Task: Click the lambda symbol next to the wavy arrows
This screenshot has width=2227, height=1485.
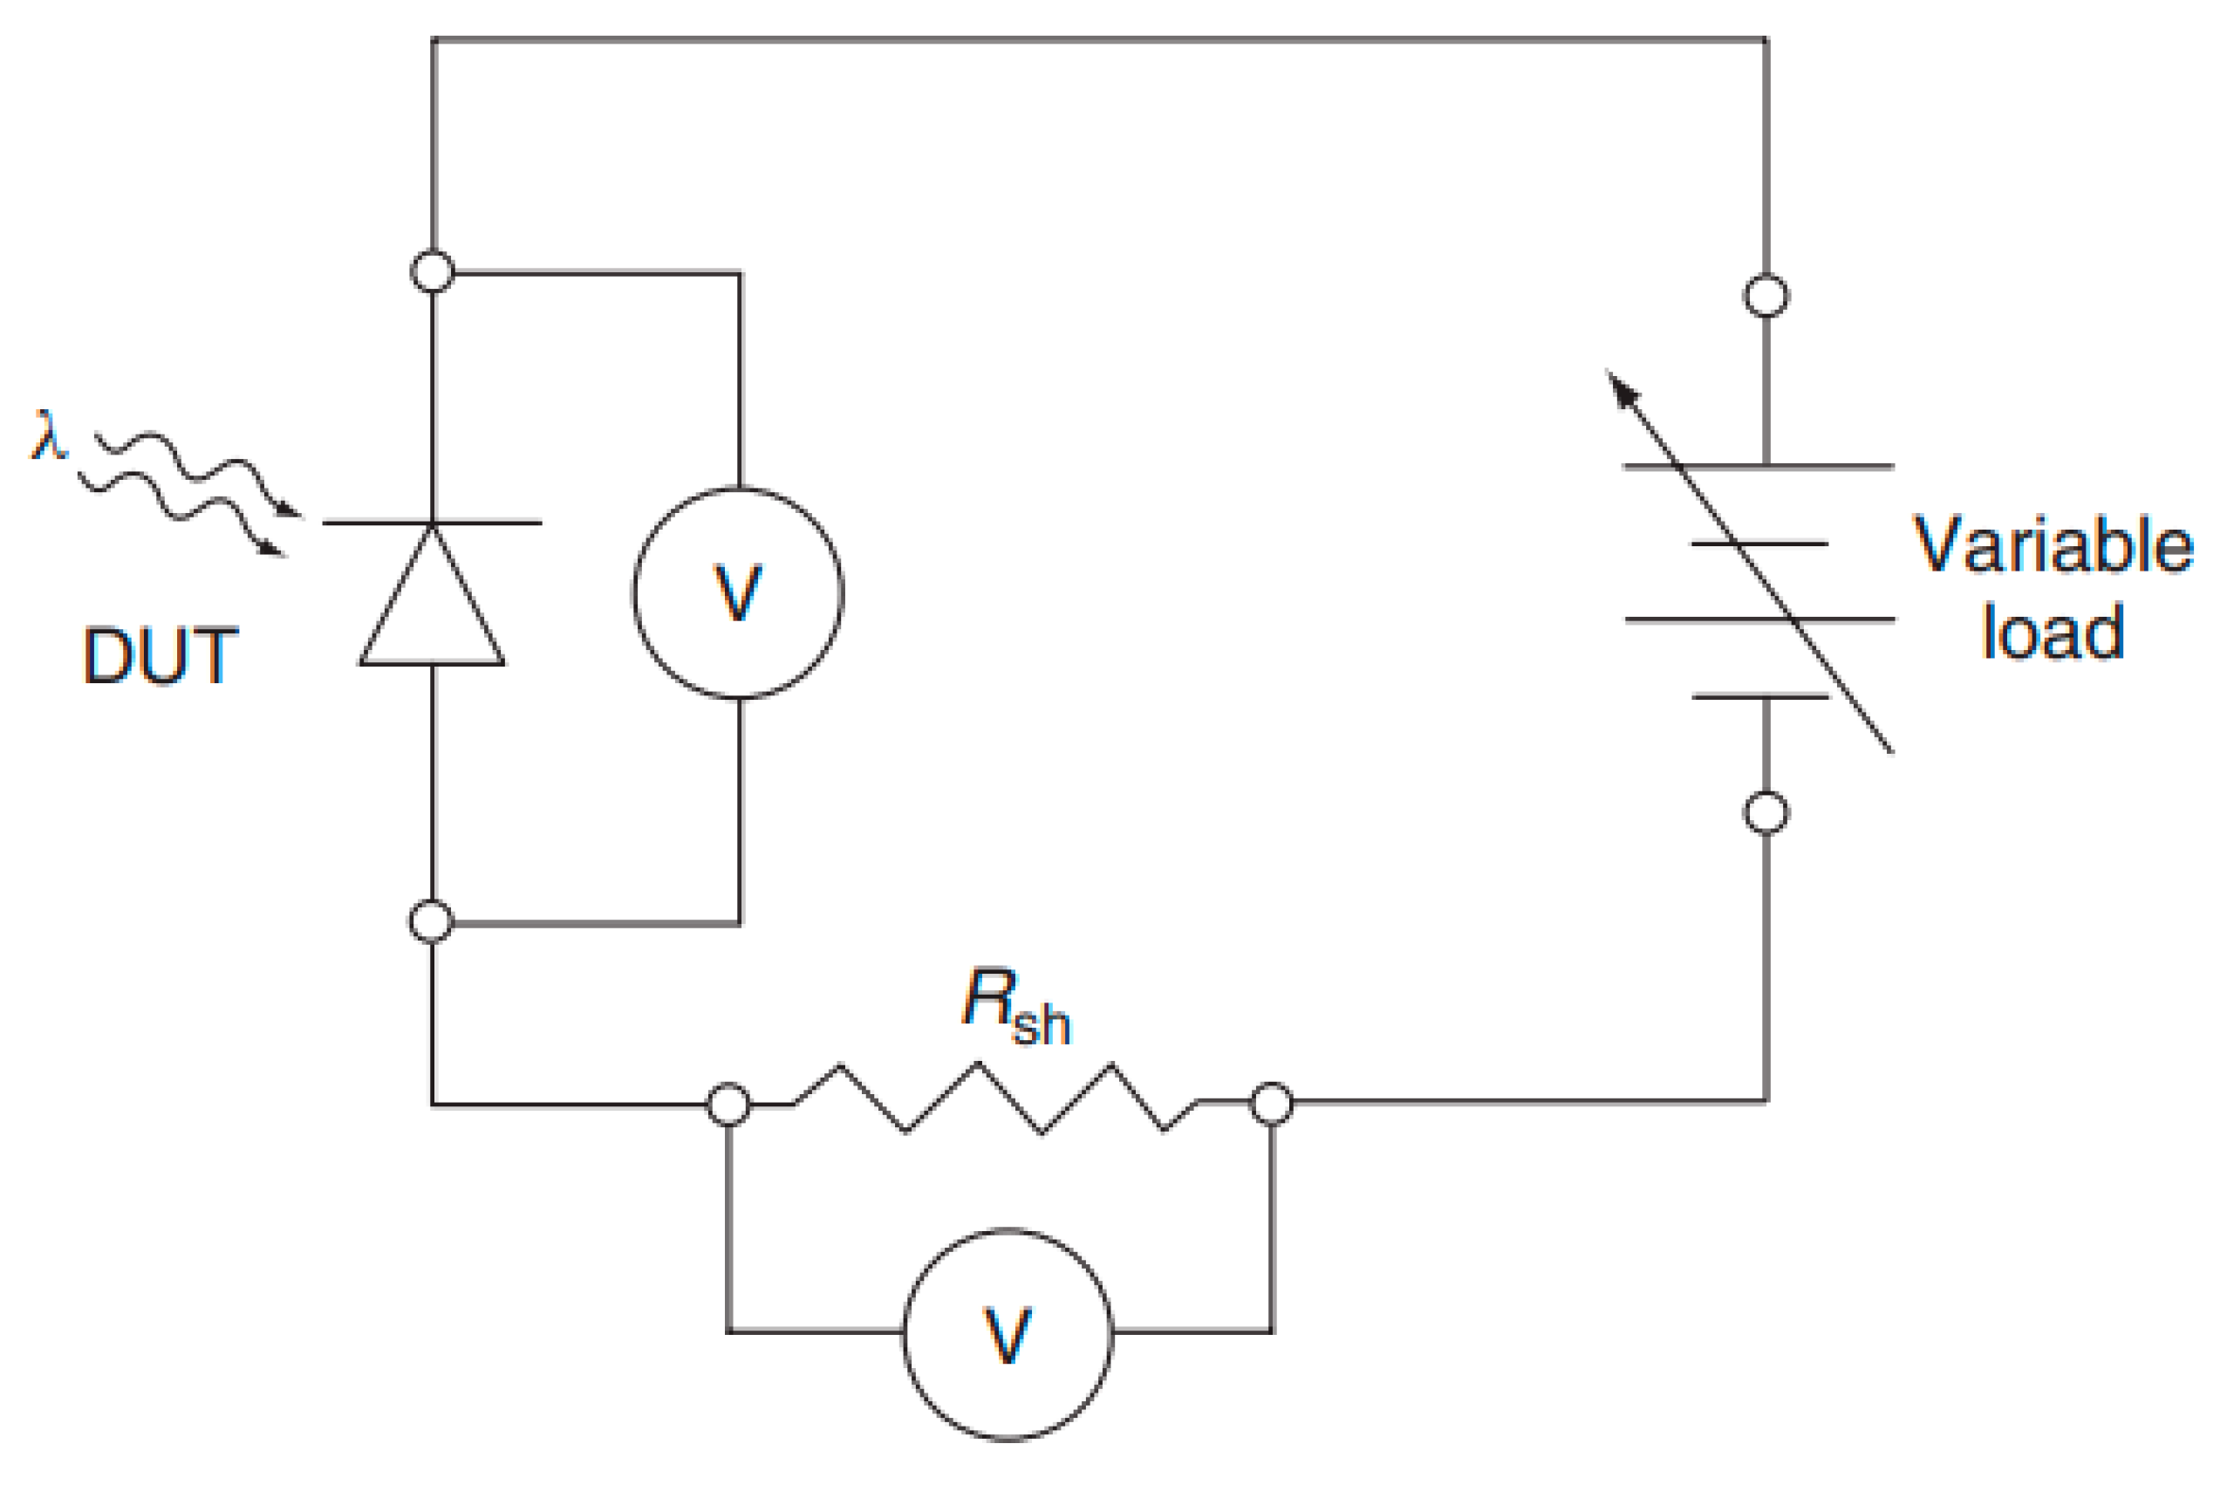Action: pos(48,435)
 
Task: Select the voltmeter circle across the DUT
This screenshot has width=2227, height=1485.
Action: pos(738,594)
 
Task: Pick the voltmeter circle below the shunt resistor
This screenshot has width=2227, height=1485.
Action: pos(1008,1335)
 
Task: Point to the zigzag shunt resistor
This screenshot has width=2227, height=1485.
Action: pos(994,1098)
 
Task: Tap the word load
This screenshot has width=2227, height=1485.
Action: pos(2052,632)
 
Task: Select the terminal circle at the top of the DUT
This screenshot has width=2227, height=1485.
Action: pos(433,272)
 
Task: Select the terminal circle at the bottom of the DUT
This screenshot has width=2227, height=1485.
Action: pos(432,921)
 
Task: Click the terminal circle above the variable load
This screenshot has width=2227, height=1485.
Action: pos(1766,296)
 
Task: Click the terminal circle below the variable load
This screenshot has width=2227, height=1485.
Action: pos(1766,812)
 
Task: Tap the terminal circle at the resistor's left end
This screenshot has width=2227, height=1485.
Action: pos(728,1105)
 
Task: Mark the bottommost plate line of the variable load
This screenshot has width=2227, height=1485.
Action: pos(1761,697)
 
